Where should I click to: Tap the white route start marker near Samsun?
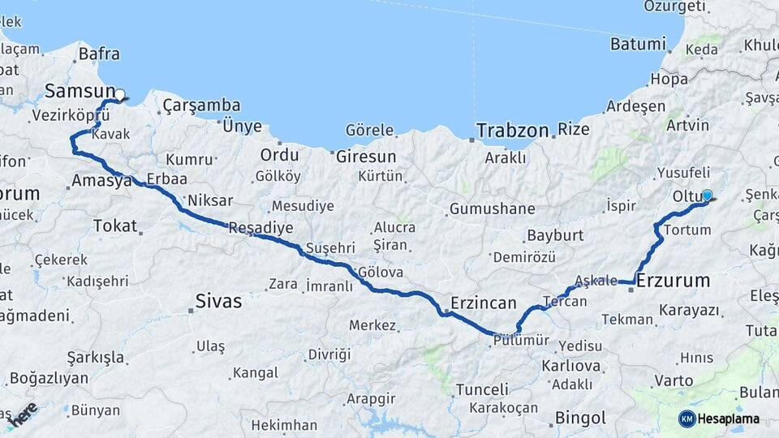pyautogui.click(x=119, y=95)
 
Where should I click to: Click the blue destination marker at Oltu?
pyautogui.click(x=707, y=195)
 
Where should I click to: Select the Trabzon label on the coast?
pyautogui.click(x=512, y=130)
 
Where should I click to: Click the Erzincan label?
pyautogui.click(x=483, y=303)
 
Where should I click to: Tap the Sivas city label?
pyautogui.click(x=218, y=302)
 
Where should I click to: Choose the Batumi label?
pyautogui.click(x=637, y=44)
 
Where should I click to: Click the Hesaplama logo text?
pyautogui.click(x=728, y=419)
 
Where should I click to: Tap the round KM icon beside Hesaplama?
pyautogui.click(x=686, y=419)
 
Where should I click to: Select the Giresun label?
pyautogui.click(x=366, y=156)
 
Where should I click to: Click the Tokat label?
pyautogui.click(x=115, y=225)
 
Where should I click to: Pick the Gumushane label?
pyautogui.click(x=492, y=208)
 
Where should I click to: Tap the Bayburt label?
pyautogui.click(x=555, y=235)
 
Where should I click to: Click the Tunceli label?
pyautogui.click(x=482, y=389)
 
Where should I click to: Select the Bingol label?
pyautogui.click(x=580, y=419)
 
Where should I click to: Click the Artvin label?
pyautogui.click(x=687, y=125)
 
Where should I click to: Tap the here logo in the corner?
pyautogui.click(x=22, y=414)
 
